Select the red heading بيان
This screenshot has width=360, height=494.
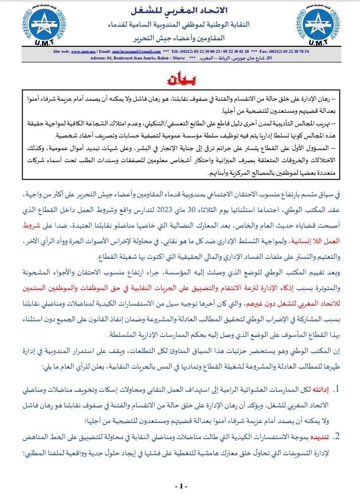tap(180, 80)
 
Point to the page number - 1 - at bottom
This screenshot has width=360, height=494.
tap(180, 486)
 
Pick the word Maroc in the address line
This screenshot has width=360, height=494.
tap(178, 57)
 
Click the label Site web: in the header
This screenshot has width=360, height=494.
tap(60, 51)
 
